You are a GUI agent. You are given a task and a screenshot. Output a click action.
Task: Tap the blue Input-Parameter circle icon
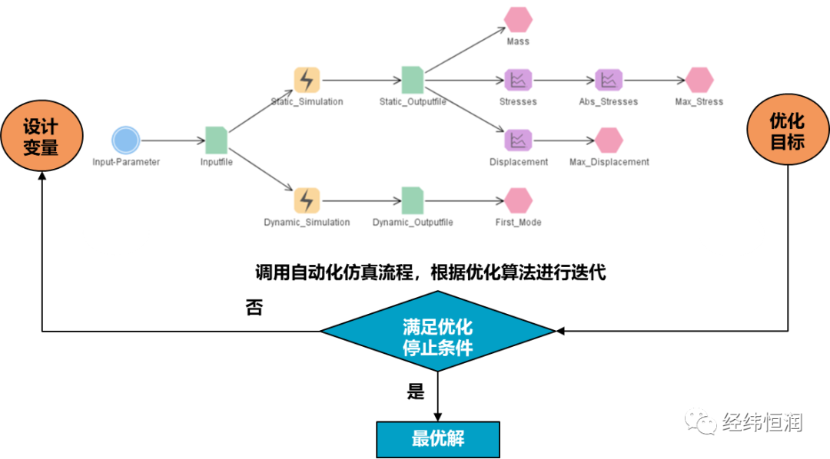click(125, 140)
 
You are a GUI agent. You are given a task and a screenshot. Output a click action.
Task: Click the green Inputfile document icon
click(216, 140)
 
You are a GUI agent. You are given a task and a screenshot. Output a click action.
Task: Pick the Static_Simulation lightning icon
click(307, 79)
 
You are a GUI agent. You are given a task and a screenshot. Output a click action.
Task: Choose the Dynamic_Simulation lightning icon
click(307, 200)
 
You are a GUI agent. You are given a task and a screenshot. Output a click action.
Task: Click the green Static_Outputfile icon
click(413, 79)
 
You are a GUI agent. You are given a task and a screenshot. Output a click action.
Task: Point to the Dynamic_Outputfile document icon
click(413, 200)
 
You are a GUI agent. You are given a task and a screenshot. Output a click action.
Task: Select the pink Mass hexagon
click(518, 19)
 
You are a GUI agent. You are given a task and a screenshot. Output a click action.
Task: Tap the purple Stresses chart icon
click(518, 79)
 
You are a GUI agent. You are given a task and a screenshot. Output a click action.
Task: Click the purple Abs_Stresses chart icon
click(609, 79)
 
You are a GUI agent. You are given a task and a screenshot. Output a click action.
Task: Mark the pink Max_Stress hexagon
click(699, 79)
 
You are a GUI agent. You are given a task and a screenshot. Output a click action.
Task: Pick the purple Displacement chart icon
click(518, 140)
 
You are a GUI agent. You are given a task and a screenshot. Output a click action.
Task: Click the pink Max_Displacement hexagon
click(609, 140)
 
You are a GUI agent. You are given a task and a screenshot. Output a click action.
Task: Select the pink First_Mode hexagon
click(518, 200)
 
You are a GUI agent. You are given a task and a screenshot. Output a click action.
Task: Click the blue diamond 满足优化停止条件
click(437, 332)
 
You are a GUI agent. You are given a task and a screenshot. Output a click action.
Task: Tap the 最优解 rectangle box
click(437, 439)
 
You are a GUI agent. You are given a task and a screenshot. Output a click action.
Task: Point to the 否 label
click(254, 308)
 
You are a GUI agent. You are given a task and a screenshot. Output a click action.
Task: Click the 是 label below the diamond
click(416, 391)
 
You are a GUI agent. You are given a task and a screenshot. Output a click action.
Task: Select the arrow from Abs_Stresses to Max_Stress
click(653, 79)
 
